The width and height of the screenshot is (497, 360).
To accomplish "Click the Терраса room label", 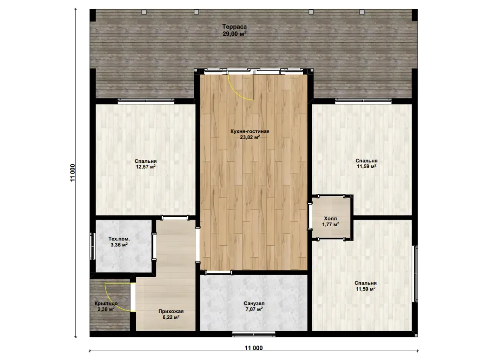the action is pos(234,27).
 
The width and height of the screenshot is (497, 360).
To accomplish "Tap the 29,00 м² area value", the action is pos(234,34).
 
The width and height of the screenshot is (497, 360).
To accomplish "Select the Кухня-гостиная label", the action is pos(250,131).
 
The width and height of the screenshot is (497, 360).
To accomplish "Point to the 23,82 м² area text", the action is pos(250,137).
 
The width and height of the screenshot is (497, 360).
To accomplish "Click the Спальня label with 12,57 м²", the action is pos(145,161).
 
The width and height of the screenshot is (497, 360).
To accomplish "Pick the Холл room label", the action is pos(331,219).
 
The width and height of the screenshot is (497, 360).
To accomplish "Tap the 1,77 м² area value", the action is pos(331,225).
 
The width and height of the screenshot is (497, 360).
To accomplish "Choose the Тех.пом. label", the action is pos(119,239).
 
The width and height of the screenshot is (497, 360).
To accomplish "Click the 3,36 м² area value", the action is pos(119,245).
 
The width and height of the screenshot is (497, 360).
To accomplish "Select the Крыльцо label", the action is pos(106,303).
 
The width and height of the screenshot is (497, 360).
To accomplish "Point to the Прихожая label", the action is pos(171,312).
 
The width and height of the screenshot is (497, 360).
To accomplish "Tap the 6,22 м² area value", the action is pos(171,317).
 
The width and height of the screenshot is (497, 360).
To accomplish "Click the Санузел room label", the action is pos(254,303).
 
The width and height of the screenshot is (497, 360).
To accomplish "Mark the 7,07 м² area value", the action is pos(254,309).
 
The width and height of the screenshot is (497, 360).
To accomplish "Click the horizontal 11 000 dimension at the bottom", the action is pos(253,348).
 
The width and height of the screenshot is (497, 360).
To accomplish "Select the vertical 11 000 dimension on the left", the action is pos(73,173).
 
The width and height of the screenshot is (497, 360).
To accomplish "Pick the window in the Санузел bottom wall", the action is pos(254,333).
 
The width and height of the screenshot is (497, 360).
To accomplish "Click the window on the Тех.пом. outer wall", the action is pos(92,246).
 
